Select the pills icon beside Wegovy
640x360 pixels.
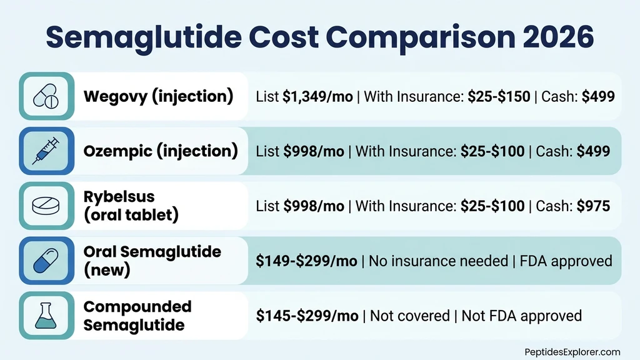(x=47, y=96)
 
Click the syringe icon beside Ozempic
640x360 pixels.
(x=47, y=151)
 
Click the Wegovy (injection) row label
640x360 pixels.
(x=158, y=97)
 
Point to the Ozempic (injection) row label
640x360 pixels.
(x=161, y=152)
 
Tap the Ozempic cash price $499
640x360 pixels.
(x=593, y=152)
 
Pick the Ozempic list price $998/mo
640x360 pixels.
(x=313, y=152)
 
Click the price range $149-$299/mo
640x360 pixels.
(x=307, y=261)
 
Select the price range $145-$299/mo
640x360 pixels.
(x=307, y=316)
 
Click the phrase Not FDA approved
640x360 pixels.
(x=521, y=316)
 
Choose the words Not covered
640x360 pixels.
(x=409, y=316)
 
